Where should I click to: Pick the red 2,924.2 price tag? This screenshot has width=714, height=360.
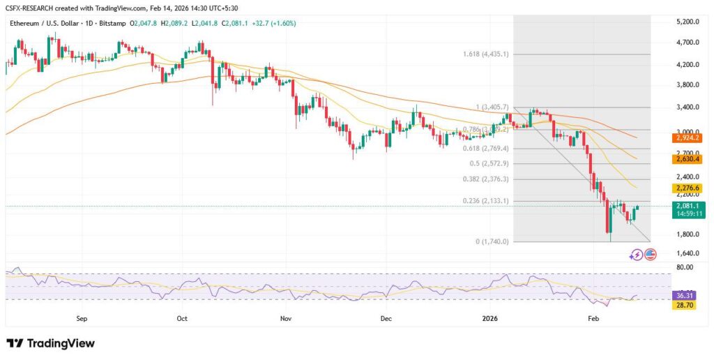click(687, 138)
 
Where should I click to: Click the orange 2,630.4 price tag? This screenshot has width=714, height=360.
click(687, 159)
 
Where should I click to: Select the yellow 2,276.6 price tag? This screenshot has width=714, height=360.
click(687, 188)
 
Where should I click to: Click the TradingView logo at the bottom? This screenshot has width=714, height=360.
click(50, 343)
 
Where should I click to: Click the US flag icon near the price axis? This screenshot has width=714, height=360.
click(650, 255)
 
